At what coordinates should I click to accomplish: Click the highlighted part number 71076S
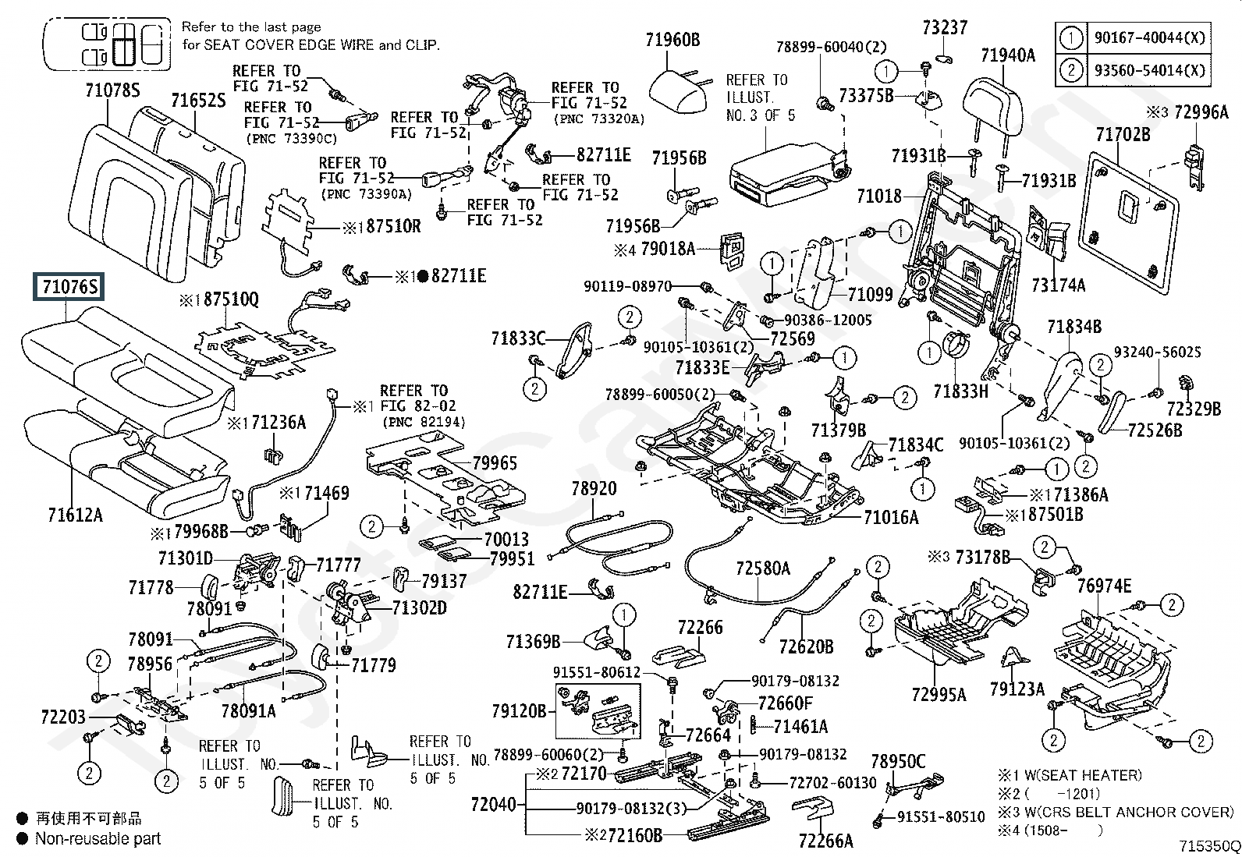[70, 288]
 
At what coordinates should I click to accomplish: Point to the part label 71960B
[672, 40]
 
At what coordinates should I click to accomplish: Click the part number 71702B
[1123, 135]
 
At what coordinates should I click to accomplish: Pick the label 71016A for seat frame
[891, 517]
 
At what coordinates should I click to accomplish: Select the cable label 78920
[594, 489]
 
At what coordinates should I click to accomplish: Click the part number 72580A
[762, 568]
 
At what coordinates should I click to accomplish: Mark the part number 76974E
[1105, 586]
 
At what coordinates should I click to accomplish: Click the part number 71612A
[75, 515]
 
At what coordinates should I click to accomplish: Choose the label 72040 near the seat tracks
[494, 804]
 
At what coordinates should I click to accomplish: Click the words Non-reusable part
[98, 839]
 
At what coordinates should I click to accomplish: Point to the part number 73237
[944, 28]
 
